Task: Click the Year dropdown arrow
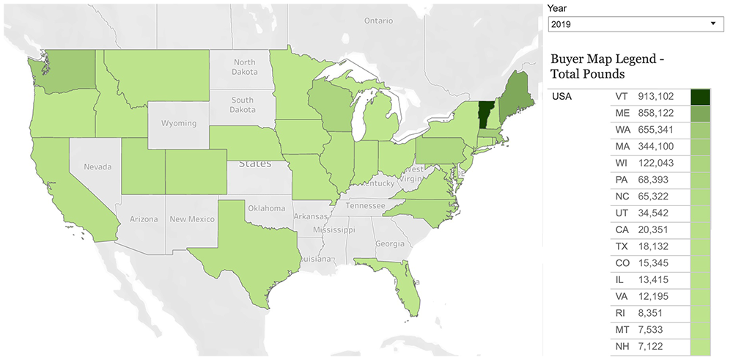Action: point(713,24)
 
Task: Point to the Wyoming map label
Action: point(179,123)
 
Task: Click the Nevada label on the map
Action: point(97,167)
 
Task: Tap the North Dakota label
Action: point(245,67)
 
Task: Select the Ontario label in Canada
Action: point(379,21)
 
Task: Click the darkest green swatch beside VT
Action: point(701,97)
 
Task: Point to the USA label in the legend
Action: point(562,96)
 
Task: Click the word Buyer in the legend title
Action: point(568,58)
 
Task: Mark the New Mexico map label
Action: point(192,219)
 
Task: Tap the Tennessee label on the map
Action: point(365,206)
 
